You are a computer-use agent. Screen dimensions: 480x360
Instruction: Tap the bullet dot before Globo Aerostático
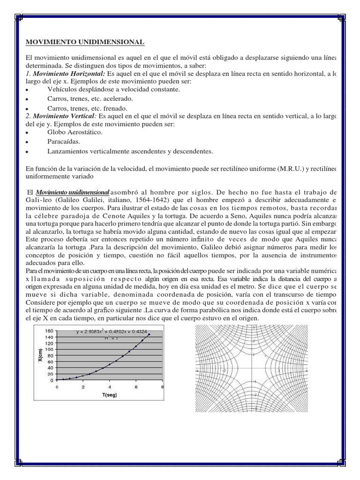click(x=28, y=133)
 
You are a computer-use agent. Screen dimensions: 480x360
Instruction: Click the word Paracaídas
click(x=63, y=141)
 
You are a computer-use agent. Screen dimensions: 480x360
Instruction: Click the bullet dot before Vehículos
click(x=28, y=90)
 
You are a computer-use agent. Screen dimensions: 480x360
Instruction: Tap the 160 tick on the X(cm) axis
click(x=49, y=330)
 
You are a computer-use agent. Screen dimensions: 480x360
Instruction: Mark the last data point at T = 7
click(x=149, y=335)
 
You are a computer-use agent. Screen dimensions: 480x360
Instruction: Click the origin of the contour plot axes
click(x=253, y=370)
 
